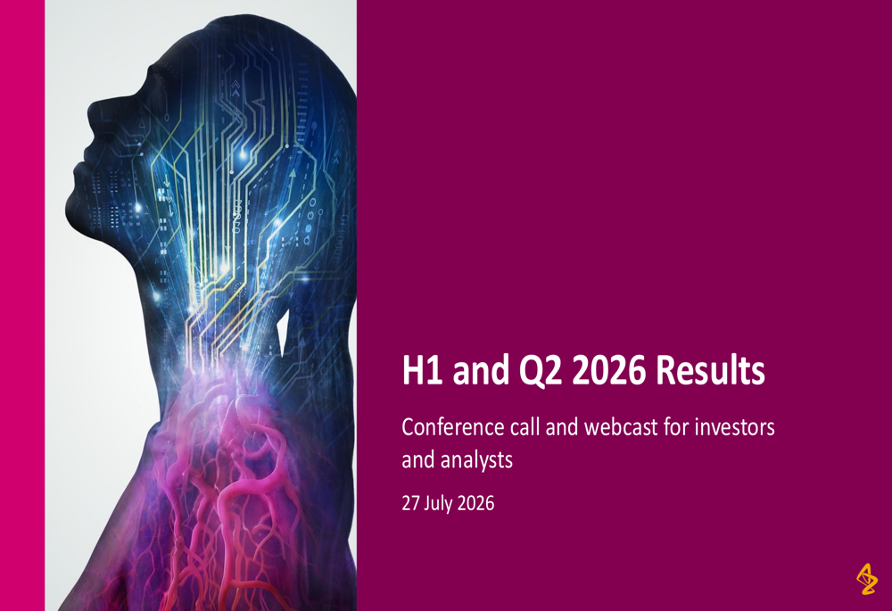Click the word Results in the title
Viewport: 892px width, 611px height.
click(710, 370)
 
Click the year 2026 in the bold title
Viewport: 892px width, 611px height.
click(608, 370)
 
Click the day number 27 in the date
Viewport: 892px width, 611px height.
click(410, 503)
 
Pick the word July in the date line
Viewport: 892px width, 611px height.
click(439, 504)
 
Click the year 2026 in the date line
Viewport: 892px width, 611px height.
click(476, 503)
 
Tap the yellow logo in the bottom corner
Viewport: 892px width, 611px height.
click(867, 579)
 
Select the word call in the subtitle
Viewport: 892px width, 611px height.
click(525, 426)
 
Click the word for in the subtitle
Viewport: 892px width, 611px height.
click(674, 426)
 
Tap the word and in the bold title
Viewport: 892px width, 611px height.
click(481, 370)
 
